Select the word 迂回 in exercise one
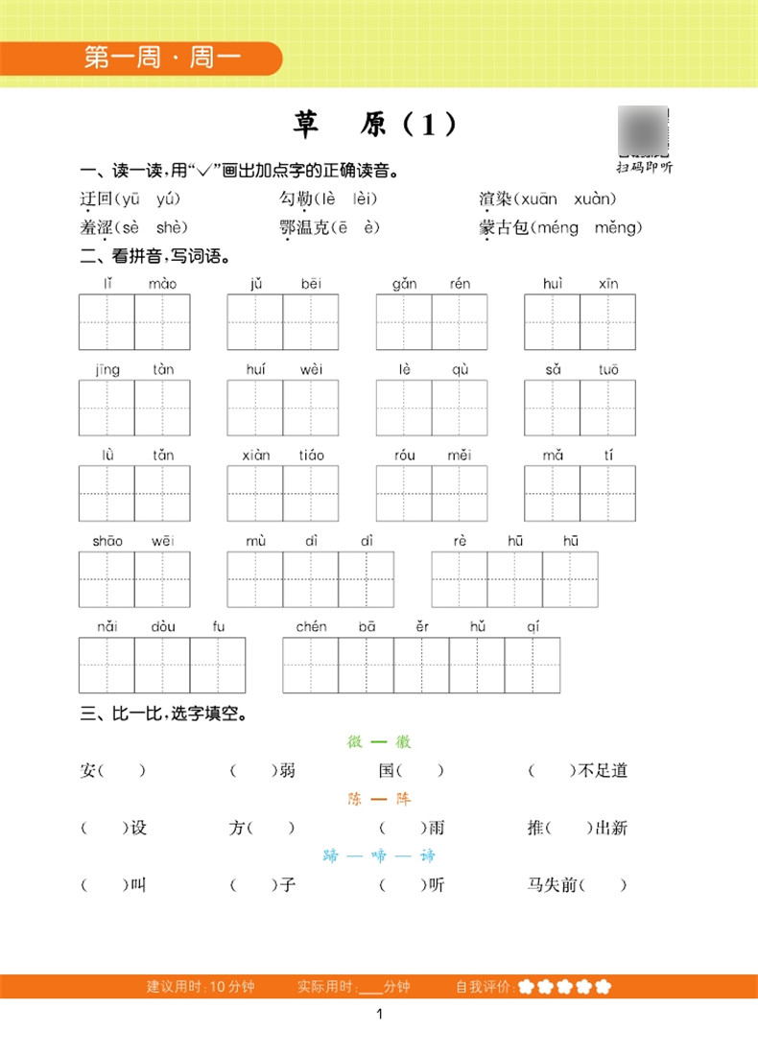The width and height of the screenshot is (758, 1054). point(97,199)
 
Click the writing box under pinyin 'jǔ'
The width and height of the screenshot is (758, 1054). point(255,322)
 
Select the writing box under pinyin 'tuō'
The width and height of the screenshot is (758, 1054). point(607,408)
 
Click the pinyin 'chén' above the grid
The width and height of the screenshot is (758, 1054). point(311,627)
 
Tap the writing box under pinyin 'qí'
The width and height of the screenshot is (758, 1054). point(533,665)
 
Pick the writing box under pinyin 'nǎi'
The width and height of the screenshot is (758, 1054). point(107,665)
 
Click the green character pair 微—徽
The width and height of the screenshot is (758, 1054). point(379,742)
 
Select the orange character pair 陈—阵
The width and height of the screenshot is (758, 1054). point(379,799)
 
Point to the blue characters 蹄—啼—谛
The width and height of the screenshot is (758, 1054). point(379,855)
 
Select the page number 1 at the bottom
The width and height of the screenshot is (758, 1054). point(380,1015)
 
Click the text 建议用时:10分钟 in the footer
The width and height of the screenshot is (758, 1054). point(201,987)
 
